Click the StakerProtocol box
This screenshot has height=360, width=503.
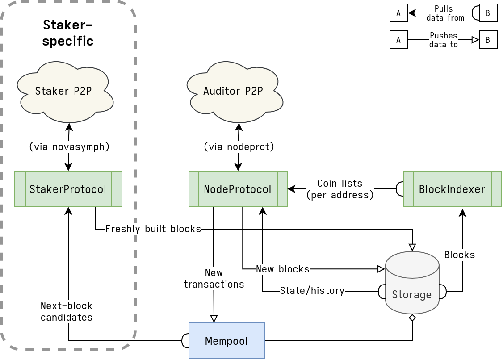pos(68,189)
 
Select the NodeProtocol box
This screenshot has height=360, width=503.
pos(238,189)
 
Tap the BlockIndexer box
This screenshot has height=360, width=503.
pos(452,189)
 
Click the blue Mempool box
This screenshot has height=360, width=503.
pos(226,341)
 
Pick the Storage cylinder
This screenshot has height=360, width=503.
pos(412,286)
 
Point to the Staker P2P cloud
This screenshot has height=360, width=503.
pos(63,91)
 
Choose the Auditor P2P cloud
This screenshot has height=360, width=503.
pos(233,91)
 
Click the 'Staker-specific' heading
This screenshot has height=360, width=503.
pos(68,33)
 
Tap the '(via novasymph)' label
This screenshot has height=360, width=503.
pos(69,147)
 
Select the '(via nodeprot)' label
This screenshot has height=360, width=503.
pos(239,147)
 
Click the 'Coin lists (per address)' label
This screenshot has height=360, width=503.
pos(340,189)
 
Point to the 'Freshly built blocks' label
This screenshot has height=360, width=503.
pos(153,229)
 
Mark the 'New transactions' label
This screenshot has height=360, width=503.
pos(214,278)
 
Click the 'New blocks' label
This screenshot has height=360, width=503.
pos(282,269)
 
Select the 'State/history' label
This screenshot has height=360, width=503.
pos(312,291)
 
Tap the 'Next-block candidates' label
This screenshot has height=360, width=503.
pos(67,311)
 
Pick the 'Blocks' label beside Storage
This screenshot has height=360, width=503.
pos(459,255)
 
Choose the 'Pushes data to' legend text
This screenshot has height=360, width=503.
pos(443,40)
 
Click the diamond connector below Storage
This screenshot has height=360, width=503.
pos(412,318)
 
